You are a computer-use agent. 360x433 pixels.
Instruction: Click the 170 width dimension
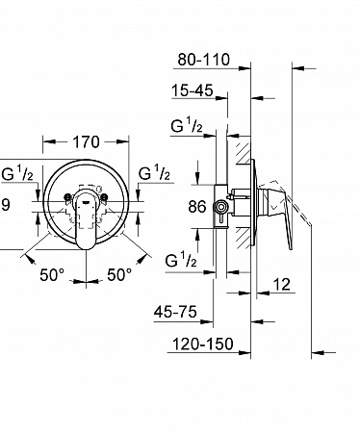point(86,142)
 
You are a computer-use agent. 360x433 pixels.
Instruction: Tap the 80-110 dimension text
point(204,60)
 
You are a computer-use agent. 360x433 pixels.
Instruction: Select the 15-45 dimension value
point(193,90)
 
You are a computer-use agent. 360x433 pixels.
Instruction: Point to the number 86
point(197,207)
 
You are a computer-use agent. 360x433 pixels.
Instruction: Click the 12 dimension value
point(282,285)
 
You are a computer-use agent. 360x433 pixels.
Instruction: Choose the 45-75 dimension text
point(175,312)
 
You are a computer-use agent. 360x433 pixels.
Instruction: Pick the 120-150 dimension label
point(203,344)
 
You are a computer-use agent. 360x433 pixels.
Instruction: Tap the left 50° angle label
point(52,275)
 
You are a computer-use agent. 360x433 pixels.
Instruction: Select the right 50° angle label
point(119,275)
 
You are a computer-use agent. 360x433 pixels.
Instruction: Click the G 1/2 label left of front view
point(17,173)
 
